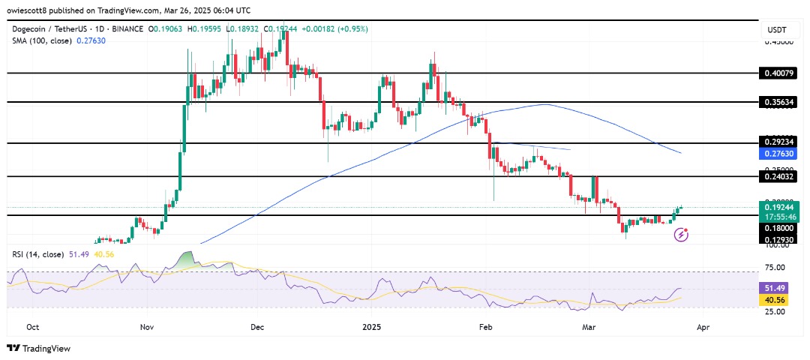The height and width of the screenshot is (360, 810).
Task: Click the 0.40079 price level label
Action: [779, 73]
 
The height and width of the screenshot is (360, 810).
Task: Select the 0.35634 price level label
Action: [779, 102]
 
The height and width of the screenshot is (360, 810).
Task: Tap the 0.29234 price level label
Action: [779, 142]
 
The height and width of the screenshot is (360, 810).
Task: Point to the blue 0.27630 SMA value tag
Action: [779, 154]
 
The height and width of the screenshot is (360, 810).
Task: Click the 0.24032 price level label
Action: [779, 176]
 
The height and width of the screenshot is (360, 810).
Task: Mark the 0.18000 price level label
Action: [779, 227]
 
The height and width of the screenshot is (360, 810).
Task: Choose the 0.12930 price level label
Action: [779, 239]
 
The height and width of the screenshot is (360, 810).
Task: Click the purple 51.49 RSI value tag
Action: [781, 288]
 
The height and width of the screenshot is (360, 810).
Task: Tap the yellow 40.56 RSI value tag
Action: [781, 299]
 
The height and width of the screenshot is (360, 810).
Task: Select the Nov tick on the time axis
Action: [146, 328]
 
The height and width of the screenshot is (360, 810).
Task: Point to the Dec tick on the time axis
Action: [258, 328]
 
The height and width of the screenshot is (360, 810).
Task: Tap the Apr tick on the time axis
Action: [703, 328]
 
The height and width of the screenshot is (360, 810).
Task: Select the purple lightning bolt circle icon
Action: [682, 235]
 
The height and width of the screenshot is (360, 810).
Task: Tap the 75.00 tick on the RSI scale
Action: [781, 267]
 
